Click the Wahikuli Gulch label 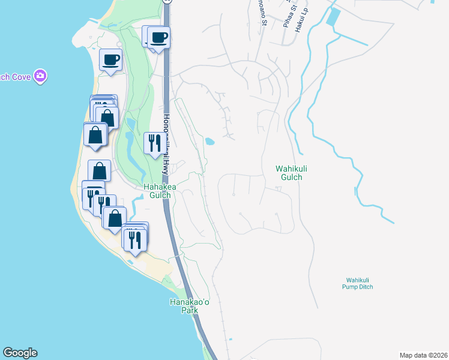(x=289, y=173)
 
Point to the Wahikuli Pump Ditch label (x=360, y=283)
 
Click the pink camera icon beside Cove (x=41, y=76)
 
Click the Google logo (x=20, y=353)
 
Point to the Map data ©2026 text (x=423, y=355)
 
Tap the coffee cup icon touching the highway (x=159, y=38)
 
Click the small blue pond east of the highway (x=209, y=142)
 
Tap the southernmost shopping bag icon (x=114, y=217)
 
